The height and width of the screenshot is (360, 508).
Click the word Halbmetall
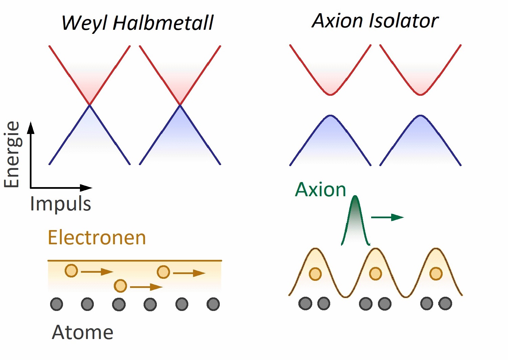163,23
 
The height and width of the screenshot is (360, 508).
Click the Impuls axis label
61,204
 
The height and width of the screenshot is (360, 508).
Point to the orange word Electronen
97,238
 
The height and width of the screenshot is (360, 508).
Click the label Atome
82,332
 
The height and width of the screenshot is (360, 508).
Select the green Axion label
320,189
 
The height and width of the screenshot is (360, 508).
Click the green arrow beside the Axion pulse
387,217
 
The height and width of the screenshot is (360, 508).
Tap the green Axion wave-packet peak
355,198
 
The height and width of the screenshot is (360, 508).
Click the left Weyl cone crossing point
89,105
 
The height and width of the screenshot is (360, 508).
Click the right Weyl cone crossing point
180,105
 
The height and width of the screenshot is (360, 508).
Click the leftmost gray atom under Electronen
57,304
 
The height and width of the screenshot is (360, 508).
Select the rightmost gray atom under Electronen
213,304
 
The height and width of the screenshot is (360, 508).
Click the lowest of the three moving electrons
121,286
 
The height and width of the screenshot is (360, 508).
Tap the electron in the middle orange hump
375,273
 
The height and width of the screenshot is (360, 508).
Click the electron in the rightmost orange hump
436,273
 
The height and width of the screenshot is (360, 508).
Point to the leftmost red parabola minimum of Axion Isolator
330,94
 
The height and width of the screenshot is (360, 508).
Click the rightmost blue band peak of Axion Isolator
420,116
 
